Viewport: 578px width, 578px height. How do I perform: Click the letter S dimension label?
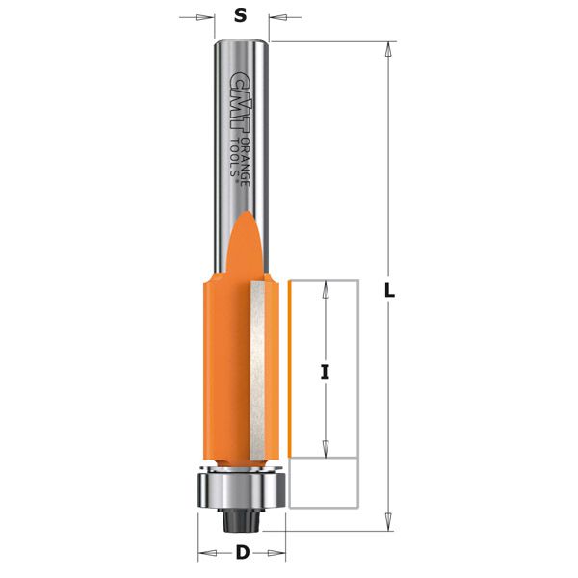tap(241, 16)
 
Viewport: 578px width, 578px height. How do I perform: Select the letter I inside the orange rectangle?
tap(325, 368)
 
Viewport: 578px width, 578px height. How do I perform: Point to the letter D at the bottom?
tap(242, 553)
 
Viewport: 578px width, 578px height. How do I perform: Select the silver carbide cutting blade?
tap(258, 367)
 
